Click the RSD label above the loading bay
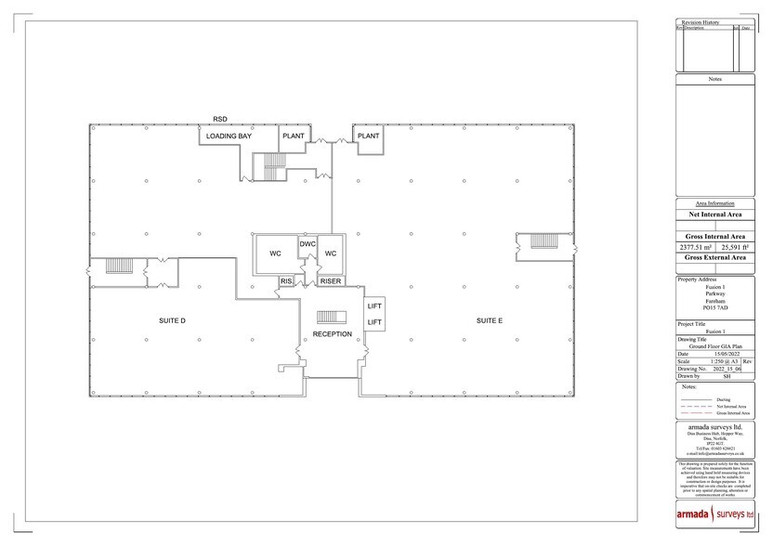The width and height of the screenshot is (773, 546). pos(220,119)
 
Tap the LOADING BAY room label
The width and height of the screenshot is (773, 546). pos(229,136)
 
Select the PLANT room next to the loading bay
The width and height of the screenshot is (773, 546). pos(294,136)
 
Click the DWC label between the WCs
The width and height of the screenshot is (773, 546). pos(308,243)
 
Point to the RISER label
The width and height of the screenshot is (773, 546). pos(331,280)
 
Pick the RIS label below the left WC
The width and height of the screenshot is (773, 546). pos(286,280)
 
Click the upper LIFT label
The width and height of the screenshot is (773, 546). pos(374,305)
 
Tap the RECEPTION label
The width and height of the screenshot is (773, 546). pos(332,333)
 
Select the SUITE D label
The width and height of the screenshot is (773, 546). pos(173,320)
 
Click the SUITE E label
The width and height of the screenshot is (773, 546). pos(490,320)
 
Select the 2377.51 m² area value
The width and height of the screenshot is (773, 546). pos(696,248)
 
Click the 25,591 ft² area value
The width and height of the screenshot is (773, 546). pos(733,248)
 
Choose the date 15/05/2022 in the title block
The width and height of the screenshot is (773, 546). pos(723,354)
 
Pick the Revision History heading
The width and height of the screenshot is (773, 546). pos(700,20)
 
